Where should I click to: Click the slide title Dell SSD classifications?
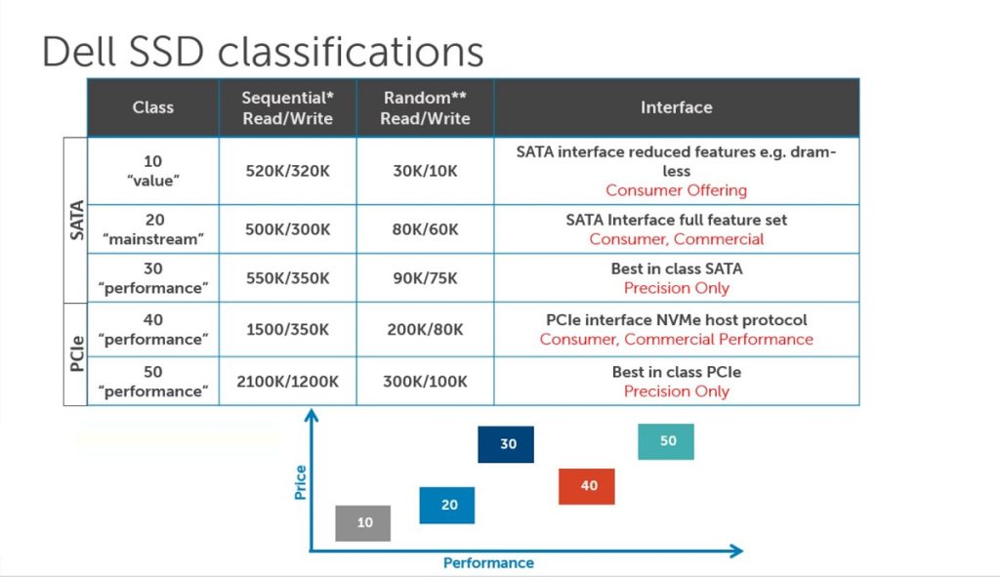coord(263,51)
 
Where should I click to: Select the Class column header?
coord(153,107)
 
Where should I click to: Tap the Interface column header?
coord(676,107)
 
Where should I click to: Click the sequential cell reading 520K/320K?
coord(287,170)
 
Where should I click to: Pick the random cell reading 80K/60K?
coord(425,229)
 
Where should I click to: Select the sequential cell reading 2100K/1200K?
coord(287,381)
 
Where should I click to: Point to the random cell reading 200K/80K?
coord(425,329)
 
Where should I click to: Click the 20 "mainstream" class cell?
coord(153,229)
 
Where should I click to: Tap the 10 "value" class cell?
coord(153,170)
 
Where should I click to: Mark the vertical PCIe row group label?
coord(75,352)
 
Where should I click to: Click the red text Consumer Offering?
coord(676,190)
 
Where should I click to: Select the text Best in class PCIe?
coord(676,372)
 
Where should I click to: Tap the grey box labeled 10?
coord(363,522)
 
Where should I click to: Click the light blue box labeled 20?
coord(447,505)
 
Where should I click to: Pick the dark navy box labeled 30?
coord(506,443)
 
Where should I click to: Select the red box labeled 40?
coord(587,485)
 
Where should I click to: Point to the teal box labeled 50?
coord(666,440)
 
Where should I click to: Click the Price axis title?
coord(300,482)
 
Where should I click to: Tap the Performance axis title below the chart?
coord(488,563)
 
